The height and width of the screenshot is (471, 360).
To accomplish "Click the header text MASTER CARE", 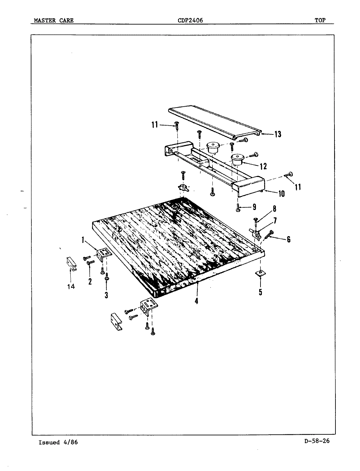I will (x=54, y=21).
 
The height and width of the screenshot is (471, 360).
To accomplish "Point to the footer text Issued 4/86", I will (x=58, y=442).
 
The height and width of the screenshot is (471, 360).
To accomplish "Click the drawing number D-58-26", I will (x=316, y=441).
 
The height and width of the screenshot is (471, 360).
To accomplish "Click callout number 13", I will (x=278, y=134).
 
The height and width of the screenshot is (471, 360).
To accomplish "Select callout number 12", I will (x=263, y=166).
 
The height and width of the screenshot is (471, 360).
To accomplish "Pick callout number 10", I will (x=281, y=194).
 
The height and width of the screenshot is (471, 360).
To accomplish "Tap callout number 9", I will (x=254, y=207).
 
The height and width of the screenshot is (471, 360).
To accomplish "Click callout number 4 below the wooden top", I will (x=196, y=301).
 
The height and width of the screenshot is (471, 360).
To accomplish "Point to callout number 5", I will (x=261, y=292).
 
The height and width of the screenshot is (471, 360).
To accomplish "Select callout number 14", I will (x=71, y=287).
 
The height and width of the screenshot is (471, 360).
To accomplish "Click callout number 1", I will (x=83, y=240).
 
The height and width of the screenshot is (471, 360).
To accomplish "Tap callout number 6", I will (x=288, y=239).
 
